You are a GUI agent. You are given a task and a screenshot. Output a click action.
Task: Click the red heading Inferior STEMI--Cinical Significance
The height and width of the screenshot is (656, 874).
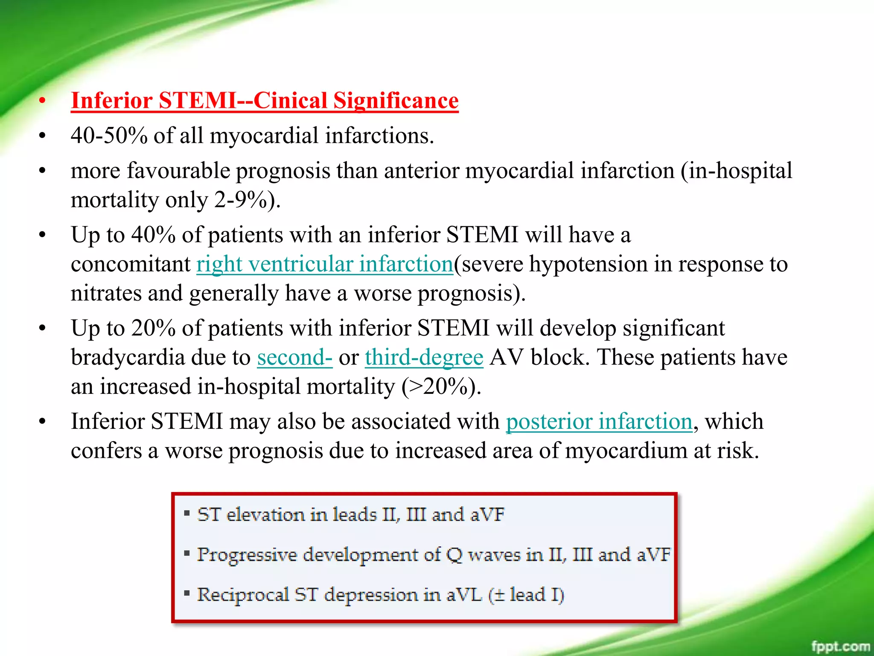pyautogui.click(x=265, y=101)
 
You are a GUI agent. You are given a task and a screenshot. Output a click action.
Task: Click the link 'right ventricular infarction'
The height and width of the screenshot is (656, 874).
pyautogui.click(x=324, y=264)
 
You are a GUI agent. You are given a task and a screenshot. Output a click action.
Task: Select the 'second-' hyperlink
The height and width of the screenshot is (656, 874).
pyautogui.click(x=294, y=357)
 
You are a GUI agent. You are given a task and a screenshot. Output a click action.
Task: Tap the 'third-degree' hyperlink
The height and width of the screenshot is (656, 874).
pyautogui.click(x=424, y=357)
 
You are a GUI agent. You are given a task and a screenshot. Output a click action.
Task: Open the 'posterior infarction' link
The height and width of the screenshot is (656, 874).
pyautogui.click(x=599, y=422)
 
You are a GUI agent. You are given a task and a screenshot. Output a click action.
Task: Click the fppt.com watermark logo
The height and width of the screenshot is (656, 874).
pyautogui.click(x=840, y=646)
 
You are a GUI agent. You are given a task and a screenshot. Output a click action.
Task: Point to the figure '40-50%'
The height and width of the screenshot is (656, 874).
pyautogui.click(x=109, y=136)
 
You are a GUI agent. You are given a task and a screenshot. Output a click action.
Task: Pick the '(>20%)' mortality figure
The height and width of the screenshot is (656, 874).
pyautogui.click(x=441, y=387)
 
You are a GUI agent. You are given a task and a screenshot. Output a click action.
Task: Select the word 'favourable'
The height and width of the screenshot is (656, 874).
pyautogui.click(x=178, y=171)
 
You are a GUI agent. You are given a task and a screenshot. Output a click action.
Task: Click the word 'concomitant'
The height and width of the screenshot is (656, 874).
pyautogui.click(x=131, y=264)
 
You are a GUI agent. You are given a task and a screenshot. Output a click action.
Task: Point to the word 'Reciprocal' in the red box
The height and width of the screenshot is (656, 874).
pyautogui.click(x=242, y=595)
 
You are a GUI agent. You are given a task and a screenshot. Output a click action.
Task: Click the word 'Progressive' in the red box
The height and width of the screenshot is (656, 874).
pyautogui.click(x=247, y=555)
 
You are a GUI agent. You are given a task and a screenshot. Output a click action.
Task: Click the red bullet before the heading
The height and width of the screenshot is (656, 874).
pyautogui.click(x=42, y=101)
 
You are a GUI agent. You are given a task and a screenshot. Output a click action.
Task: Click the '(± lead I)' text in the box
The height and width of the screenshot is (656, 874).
pyautogui.click(x=526, y=595)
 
